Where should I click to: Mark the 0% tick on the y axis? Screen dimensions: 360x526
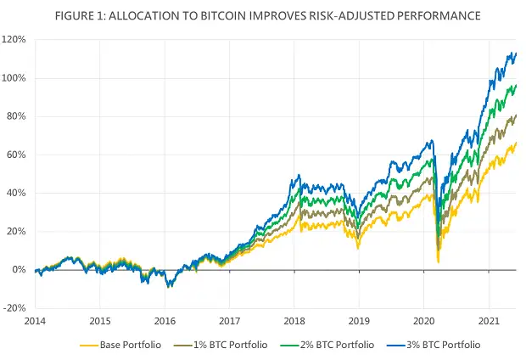tap(20, 270)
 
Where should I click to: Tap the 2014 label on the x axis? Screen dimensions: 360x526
tap(35, 323)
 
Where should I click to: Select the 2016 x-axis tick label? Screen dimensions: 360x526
tap(165, 323)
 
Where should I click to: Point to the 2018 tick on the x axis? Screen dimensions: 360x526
tap(294, 323)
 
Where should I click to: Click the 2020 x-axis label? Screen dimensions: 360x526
tap(423, 323)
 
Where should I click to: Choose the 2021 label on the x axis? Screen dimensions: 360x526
tap(488, 323)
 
